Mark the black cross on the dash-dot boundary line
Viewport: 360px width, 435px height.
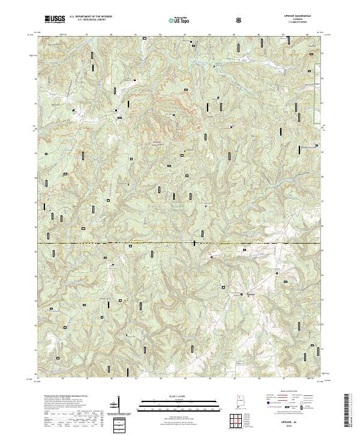click(194, 243)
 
